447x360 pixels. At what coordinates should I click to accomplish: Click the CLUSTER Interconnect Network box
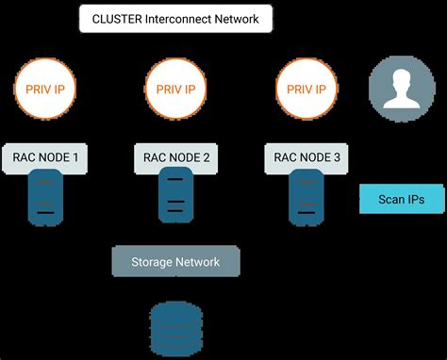176,18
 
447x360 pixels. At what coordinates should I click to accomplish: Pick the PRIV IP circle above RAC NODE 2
176,90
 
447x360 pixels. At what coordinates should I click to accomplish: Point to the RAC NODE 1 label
44,156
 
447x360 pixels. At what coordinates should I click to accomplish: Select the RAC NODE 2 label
176,156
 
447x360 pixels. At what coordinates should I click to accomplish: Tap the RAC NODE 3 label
308,156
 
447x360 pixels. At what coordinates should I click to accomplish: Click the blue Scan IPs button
401,199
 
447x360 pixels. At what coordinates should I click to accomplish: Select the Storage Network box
176,261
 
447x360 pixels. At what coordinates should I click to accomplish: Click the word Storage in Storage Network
152,261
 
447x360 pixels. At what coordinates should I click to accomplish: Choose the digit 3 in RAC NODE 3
337,156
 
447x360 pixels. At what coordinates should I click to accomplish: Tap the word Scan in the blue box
389,199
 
